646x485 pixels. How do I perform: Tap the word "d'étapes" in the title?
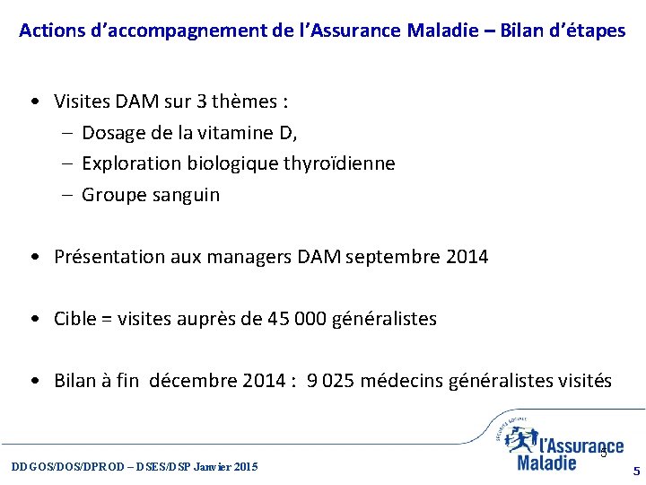(x=590, y=31)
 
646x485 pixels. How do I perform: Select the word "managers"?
(x=249, y=257)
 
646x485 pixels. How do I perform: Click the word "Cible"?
(x=75, y=319)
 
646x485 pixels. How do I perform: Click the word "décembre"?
(x=193, y=381)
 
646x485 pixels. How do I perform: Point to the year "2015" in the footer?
(x=244, y=467)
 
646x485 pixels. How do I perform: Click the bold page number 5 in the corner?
(x=636, y=471)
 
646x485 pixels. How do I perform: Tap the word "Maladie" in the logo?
(x=547, y=463)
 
